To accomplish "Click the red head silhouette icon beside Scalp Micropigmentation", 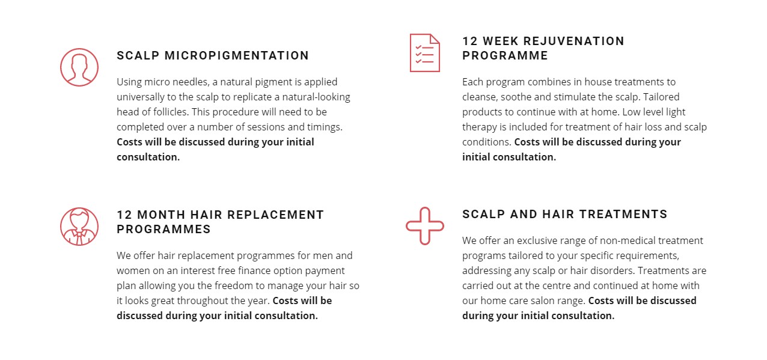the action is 79,67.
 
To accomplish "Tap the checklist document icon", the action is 424,53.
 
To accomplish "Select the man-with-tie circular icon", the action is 79,226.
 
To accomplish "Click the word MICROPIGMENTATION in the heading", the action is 237,55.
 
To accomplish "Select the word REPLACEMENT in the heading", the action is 275,215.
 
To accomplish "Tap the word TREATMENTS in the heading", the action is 623,214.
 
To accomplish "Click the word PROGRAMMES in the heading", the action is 163,229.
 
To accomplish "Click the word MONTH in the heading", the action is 161,215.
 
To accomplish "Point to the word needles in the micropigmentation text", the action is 191,82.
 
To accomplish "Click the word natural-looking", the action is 316,97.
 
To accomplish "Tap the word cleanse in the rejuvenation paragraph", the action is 480,97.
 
